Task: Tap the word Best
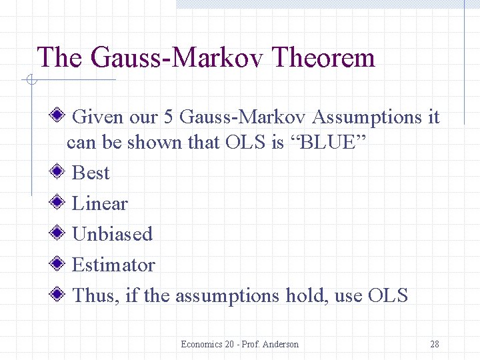pos(90,173)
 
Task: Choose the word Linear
pos(99,203)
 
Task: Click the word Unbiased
pos(112,234)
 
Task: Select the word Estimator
pos(113,265)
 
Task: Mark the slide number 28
pos(434,344)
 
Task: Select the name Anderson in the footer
pos(280,344)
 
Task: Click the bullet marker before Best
pos(59,172)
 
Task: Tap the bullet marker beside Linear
pos(59,203)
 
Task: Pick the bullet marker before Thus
pos(59,295)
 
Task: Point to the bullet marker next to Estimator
pos(59,264)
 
